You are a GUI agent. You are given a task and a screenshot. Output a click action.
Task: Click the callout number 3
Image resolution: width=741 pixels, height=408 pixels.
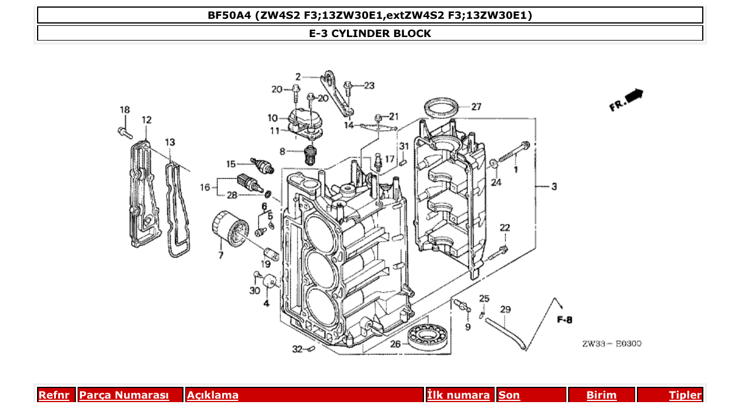coord(554,187)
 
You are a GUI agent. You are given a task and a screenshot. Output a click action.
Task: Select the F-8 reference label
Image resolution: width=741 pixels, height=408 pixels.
coord(565,320)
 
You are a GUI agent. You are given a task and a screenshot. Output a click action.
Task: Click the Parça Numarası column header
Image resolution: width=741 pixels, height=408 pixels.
coord(124,395)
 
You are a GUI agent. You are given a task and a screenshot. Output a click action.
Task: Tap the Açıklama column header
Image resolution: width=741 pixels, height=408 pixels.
coord(212,395)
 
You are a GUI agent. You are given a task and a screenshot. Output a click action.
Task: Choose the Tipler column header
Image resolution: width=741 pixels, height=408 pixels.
coord(685,395)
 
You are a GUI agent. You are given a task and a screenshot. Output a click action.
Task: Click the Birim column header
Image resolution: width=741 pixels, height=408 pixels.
coord(601,395)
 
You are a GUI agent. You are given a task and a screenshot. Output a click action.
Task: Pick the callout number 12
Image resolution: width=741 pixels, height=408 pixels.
coord(146,120)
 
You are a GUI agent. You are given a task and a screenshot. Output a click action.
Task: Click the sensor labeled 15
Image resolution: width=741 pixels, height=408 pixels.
coord(262,166)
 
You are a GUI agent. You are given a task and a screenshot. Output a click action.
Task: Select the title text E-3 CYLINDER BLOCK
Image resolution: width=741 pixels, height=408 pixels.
coord(370,34)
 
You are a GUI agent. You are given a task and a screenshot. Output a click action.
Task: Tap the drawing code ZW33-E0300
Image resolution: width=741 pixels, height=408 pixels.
coord(612,344)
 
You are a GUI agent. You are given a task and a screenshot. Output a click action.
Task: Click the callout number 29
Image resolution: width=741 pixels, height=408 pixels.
coord(505,309)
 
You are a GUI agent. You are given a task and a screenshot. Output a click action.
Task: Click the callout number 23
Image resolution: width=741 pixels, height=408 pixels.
coord(369,86)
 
